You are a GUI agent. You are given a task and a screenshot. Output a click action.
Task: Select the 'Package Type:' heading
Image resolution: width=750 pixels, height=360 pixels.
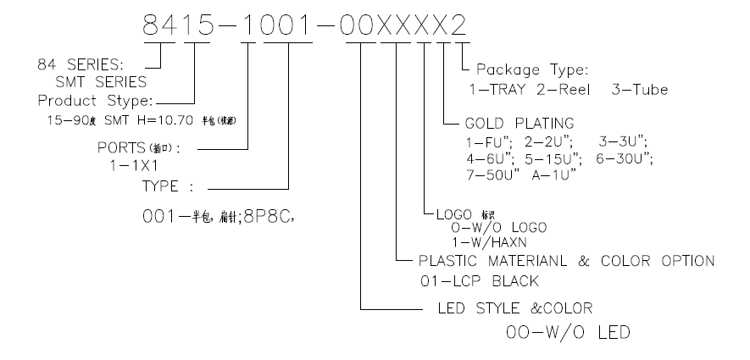point(531,69)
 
